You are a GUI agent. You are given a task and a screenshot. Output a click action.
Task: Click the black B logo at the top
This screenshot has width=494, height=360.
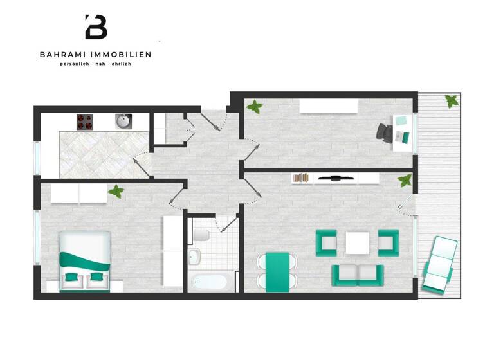tap(96, 27)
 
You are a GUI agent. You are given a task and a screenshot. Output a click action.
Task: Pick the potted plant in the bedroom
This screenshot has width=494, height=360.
tap(116, 191)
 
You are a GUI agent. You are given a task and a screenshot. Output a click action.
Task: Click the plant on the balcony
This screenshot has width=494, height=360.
tap(452, 101)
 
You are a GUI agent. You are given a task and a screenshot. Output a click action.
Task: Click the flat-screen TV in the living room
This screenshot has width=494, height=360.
tap(333, 177)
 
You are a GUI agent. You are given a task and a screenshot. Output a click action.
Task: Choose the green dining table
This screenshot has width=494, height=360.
tap(277, 271)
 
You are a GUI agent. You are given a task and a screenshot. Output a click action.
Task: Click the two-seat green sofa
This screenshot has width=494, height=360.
tap(358, 274)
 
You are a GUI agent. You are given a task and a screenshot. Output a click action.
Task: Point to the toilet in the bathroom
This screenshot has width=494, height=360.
tap(201, 235)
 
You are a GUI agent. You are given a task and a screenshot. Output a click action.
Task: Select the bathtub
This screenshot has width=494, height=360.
tap(208, 282)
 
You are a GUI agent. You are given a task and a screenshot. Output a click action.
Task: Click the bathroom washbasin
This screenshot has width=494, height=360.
tap(195, 258)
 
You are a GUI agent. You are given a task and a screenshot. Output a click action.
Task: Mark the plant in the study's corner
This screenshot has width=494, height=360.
tap(255, 107)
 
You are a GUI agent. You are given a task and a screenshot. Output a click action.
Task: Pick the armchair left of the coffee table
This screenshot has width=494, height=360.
tap(326, 242)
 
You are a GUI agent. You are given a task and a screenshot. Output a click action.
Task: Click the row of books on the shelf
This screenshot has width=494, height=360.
tap(301, 177)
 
